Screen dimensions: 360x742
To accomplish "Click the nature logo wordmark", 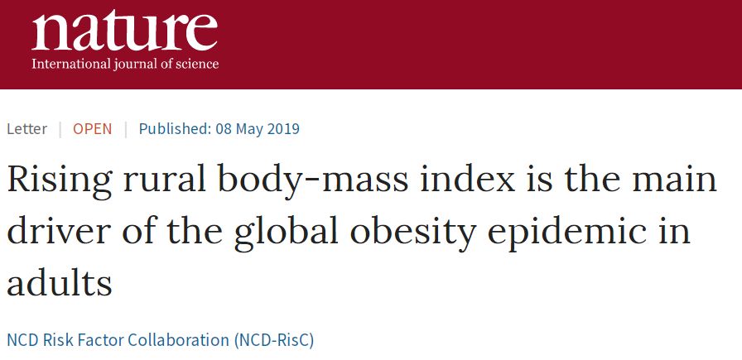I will (124, 31).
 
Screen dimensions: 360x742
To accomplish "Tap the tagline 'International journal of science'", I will (125, 64).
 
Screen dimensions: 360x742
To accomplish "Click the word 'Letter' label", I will (26, 129).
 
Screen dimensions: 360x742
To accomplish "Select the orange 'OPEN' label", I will (92, 129).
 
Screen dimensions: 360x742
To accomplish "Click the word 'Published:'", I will (173, 129).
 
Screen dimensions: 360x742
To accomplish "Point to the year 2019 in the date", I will (282, 129).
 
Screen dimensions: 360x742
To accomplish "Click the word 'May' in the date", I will (248, 129).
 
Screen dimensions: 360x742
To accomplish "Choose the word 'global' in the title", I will (273, 233).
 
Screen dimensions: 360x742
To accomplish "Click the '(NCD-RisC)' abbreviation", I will (275, 339).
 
